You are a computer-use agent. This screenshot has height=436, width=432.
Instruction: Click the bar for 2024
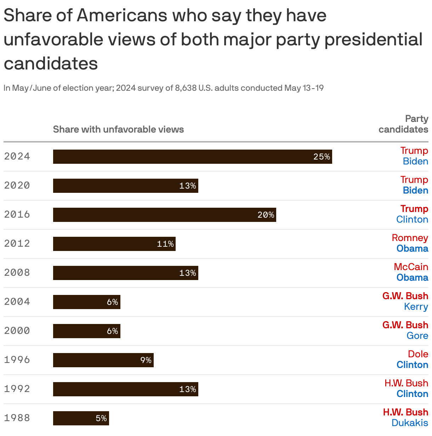[192, 157]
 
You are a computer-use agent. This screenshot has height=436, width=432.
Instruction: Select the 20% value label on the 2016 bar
[266, 215]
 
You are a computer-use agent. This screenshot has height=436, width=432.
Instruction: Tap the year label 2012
[17, 244]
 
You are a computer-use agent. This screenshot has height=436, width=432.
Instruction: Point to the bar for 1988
[81, 418]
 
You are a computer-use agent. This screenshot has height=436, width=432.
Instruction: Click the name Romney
[410, 238]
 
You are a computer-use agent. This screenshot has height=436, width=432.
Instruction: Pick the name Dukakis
[410, 423]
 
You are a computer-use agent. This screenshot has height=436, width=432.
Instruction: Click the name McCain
[411, 267]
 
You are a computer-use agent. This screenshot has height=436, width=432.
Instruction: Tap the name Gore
[417, 336]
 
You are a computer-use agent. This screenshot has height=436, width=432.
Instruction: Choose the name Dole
[418, 354]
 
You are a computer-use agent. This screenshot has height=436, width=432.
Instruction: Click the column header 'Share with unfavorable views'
[118, 129]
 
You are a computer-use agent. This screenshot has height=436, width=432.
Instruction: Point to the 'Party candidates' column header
[403, 124]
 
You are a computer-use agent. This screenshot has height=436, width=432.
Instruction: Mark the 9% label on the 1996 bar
[146, 360]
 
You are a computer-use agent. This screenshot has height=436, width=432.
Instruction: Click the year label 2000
[17, 331]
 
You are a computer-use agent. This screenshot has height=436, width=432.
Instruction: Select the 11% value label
[165, 244]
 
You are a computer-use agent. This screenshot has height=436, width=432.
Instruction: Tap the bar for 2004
[86, 302]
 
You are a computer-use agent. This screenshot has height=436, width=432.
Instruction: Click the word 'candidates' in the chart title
[51, 64]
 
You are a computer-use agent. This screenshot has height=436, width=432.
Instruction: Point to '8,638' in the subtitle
[186, 88]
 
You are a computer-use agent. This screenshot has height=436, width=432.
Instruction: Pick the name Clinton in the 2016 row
[412, 219]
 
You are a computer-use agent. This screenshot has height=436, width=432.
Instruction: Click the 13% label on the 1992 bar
[187, 389]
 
